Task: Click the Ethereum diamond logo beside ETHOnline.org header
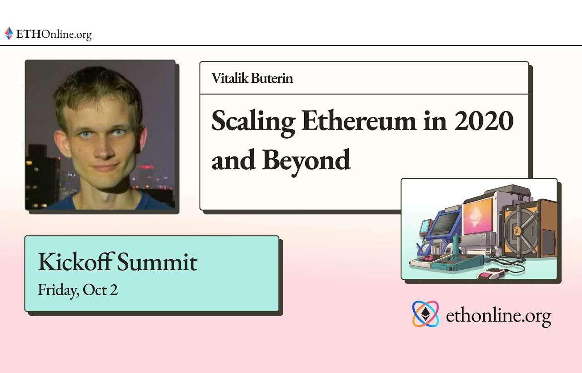(9, 33)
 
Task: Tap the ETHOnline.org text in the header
(54, 34)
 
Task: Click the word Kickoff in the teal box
(75, 262)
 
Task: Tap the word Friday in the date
(56, 290)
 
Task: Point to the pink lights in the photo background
(146, 167)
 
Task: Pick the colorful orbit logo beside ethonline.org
(425, 314)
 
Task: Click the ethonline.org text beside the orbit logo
(498, 315)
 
